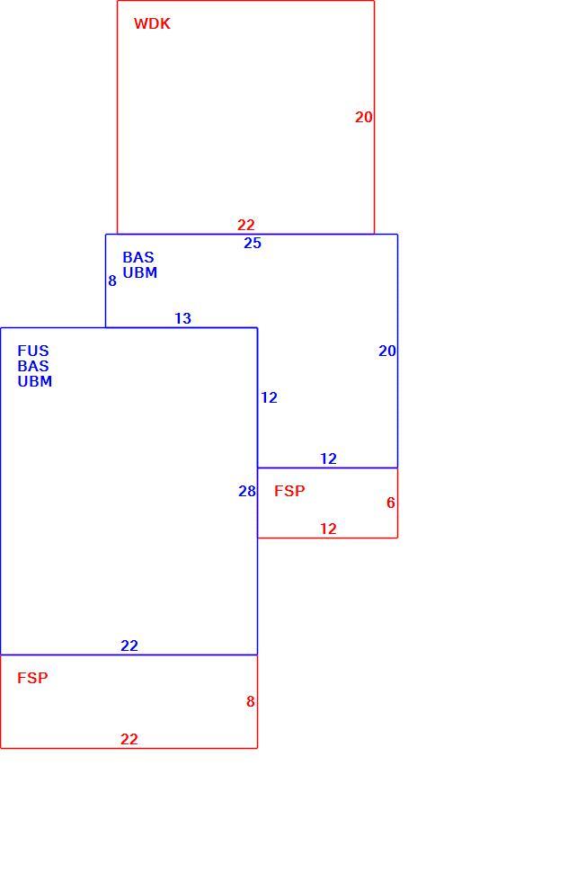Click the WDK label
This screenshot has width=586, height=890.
(152, 24)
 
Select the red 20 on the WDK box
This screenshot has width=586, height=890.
(364, 118)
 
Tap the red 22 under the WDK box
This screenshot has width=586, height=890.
(246, 225)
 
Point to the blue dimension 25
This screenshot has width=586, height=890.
(253, 244)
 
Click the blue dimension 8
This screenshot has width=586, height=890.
(112, 281)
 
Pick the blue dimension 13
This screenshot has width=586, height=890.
(182, 319)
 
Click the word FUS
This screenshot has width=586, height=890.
(33, 351)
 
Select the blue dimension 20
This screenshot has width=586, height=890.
(386, 352)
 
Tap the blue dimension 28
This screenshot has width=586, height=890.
(247, 492)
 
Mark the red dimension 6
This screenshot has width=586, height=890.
(391, 503)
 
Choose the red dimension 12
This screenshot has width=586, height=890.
(328, 529)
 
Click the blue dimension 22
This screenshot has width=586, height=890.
(129, 646)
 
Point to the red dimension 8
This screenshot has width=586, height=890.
(250, 701)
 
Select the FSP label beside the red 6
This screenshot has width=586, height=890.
(289, 491)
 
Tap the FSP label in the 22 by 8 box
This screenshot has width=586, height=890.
(32, 678)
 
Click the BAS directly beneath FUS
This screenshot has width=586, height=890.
(33, 366)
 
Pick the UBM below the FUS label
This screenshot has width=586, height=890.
(35, 381)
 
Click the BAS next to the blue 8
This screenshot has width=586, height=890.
(138, 257)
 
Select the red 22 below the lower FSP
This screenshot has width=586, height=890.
(129, 739)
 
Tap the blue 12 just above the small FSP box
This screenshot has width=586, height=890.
(328, 458)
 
